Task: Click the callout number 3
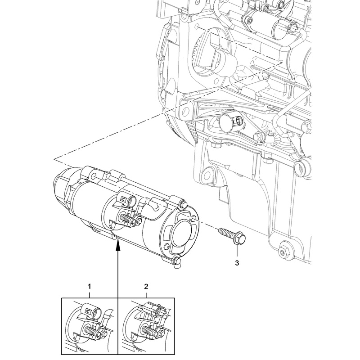point(237,263)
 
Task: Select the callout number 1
point(90,286)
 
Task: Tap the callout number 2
point(146,286)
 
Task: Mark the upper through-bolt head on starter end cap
point(183,205)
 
